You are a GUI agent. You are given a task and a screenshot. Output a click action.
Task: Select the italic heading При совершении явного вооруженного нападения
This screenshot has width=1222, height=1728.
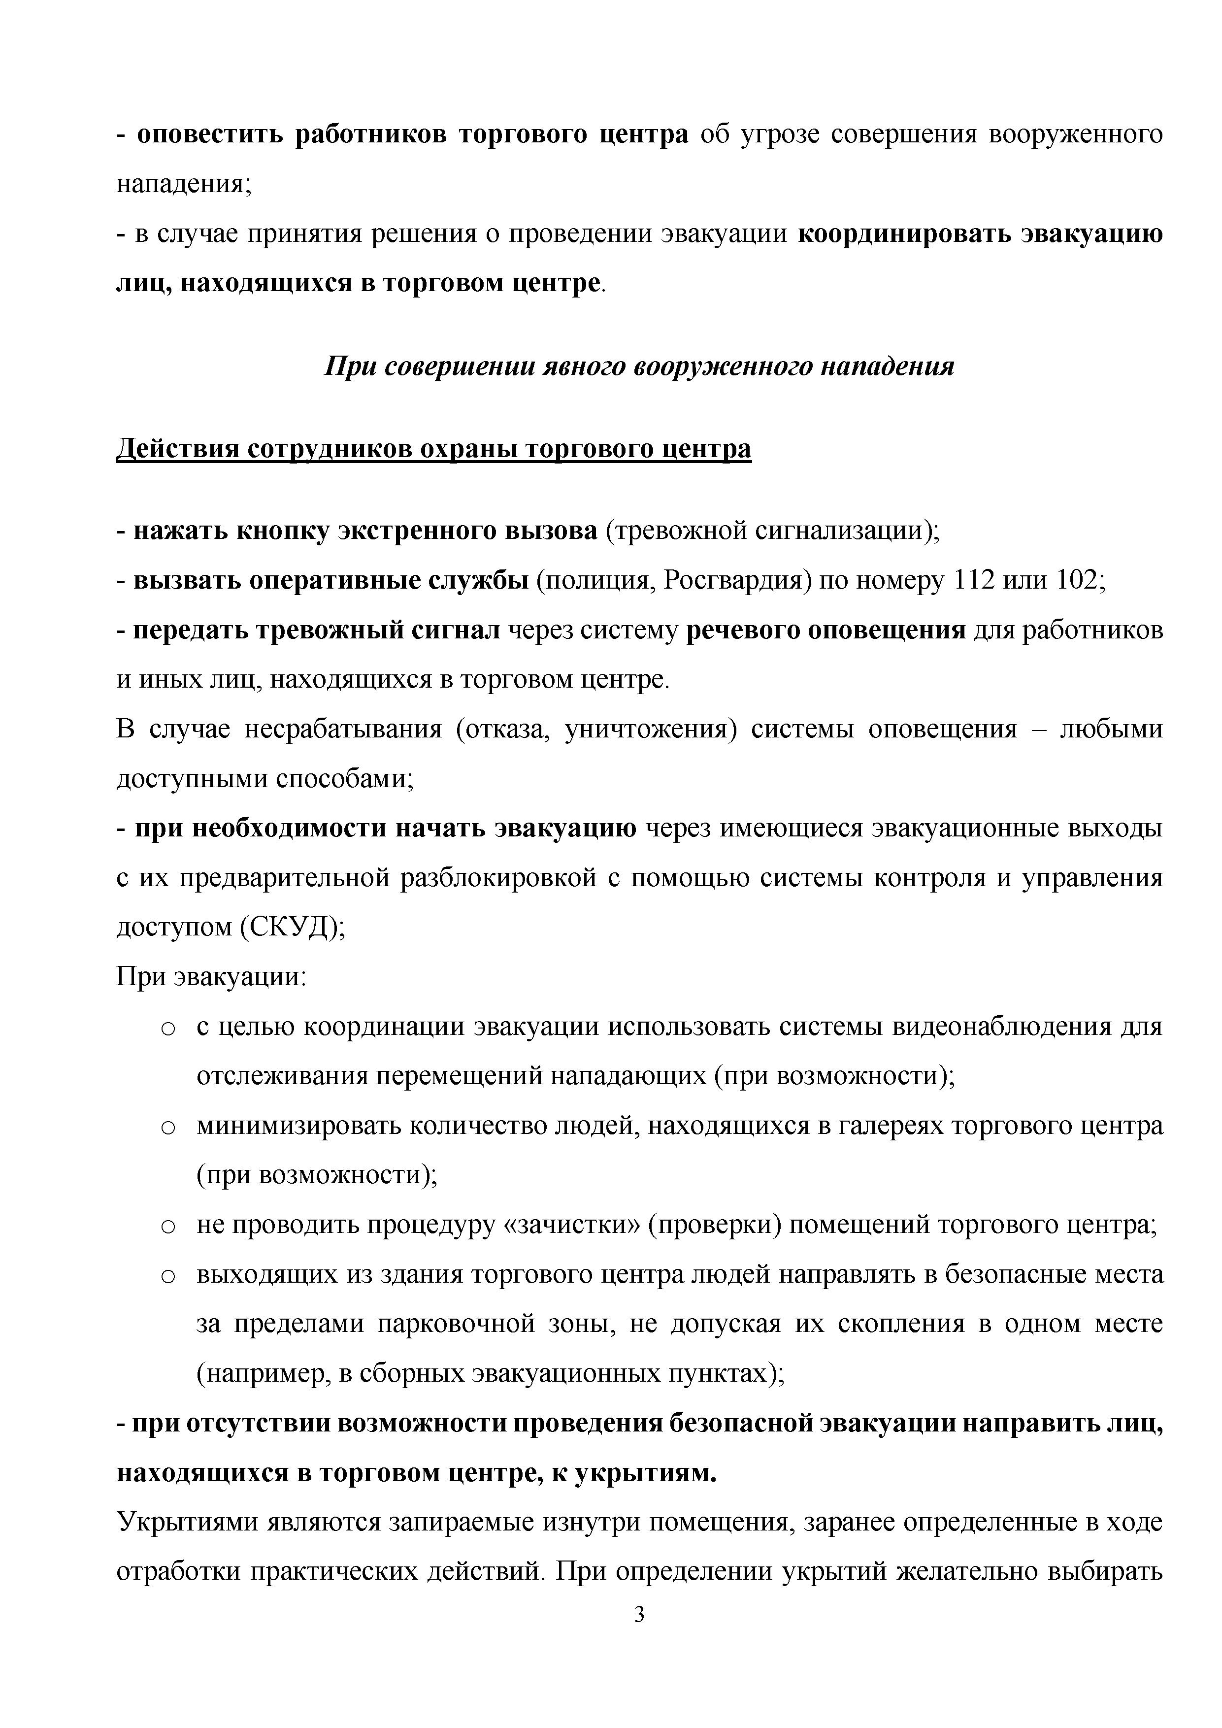(639, 366)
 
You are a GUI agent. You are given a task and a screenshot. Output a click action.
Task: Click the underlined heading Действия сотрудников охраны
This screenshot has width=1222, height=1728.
(433, 449)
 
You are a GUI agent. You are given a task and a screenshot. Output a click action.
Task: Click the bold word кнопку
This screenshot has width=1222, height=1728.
(284, 531)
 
